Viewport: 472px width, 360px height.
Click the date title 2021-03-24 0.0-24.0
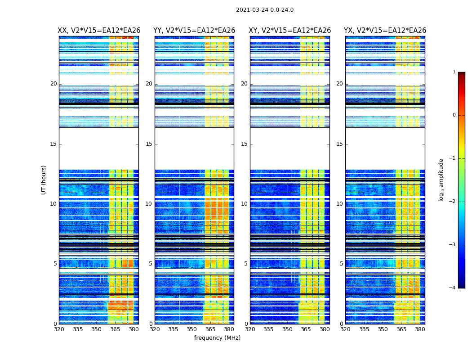(265, 10)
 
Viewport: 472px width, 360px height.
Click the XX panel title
(99, 31)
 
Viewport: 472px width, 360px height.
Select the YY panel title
(194, 31)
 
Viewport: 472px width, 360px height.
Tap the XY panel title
(290, 31)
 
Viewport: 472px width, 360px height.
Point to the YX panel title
(385, 31)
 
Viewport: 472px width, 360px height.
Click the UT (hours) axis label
(44, 180)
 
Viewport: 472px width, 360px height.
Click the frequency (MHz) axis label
(217, 338)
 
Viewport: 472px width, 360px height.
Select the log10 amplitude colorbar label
(441, 180)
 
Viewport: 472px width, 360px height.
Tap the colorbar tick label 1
(454, 72)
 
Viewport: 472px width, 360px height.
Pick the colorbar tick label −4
(453, 288)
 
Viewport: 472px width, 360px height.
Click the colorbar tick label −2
(453, 202)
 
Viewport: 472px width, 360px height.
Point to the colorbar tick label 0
(454, 115)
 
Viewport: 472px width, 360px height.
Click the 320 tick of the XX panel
(59, 329)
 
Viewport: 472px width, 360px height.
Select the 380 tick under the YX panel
(420, 329)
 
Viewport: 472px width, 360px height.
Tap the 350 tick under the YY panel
(192, 329)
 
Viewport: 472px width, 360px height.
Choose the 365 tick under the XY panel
(306, 329)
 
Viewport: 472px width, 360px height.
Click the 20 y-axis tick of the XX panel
(53, 84)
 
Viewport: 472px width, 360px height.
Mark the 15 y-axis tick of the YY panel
(149, 144)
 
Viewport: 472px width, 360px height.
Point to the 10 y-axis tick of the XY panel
(244, 204)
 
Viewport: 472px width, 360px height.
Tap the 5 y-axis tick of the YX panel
(341, 264)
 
